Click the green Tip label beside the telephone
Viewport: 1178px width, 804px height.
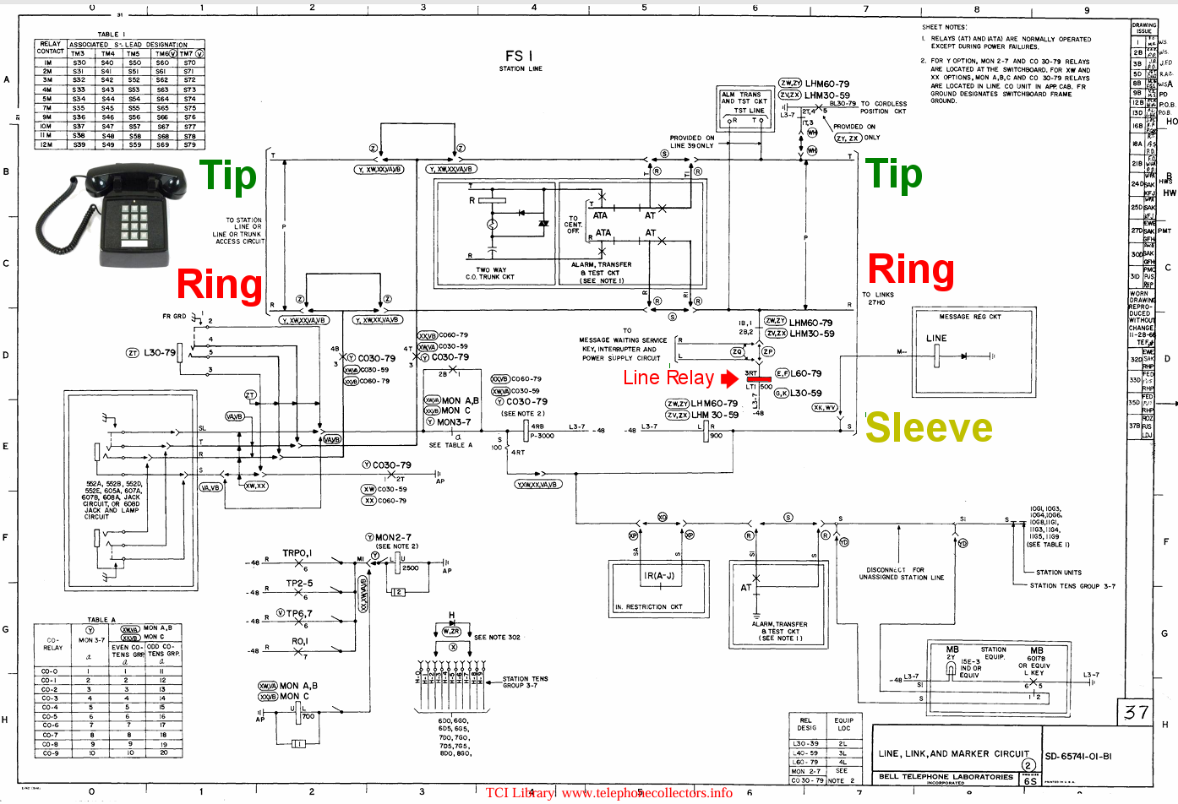click(x=227, y=176)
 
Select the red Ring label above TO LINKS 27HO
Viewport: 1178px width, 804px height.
click(x=911, y=269)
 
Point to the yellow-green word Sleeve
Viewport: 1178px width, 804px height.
click(x=929, y=428)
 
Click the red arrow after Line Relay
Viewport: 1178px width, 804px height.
click(x=729, y=378)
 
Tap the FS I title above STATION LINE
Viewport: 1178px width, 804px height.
click(x=519, y=56)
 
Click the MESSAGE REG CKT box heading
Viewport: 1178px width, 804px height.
click(x=969, y=317)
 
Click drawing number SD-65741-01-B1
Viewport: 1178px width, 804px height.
click(x=1078, y=757)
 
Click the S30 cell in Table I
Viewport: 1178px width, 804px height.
click(x=79, y=62)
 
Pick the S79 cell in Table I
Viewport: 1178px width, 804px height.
click(x=190, y=144)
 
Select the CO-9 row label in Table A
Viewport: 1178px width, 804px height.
click(x=51, y=752)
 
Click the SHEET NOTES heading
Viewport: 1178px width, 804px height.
click(x=944, y=27)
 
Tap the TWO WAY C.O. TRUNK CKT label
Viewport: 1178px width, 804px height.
click(x=490, y=274)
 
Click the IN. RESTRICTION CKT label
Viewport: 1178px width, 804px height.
click(x=648, y=606)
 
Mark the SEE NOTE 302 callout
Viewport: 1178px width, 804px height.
click(x=497, y=638)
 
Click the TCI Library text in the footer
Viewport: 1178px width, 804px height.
click(x=520, y=792)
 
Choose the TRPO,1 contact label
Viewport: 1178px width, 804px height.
click(x=297, y=553)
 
